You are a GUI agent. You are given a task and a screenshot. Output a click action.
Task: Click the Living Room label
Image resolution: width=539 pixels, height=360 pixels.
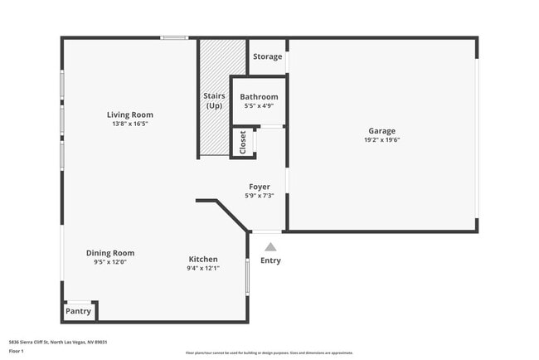[x=130, y=114]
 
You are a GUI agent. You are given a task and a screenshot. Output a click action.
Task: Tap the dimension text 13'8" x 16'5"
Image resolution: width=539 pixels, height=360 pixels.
[x=130, y=124]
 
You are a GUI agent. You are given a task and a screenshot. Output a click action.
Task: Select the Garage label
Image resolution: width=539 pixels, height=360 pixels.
[x=382, y=130]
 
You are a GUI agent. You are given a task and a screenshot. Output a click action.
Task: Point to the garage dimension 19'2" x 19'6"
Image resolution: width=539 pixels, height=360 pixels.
[x=382, y=139]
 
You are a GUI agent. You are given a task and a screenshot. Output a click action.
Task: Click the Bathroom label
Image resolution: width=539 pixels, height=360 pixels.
[x=258, y=97]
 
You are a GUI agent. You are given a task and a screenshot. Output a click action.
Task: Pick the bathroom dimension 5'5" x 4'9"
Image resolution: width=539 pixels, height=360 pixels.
[x=258, y=106]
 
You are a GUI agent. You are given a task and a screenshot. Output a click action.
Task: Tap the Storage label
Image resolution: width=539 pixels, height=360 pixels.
[x=267, y=56]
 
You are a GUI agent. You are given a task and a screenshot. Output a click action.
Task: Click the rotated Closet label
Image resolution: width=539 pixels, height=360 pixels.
[x=242, y=142]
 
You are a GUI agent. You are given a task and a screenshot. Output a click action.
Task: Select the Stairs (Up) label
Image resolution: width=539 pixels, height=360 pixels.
[x=214, y=100]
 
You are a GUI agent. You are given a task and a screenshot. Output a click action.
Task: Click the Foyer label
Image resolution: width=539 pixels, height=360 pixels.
[x=260, y=187]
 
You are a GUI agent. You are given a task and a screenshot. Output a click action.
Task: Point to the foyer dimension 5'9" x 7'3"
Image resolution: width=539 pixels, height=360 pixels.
[x=260, y=197]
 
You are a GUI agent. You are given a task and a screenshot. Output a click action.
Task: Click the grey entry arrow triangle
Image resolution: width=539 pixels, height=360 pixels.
[x=270, y=246]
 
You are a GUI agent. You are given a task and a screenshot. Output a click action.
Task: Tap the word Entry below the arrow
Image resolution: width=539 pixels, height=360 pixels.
[x=270, y=260]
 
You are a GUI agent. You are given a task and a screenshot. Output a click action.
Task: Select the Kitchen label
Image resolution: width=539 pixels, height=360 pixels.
[x=202, y=259]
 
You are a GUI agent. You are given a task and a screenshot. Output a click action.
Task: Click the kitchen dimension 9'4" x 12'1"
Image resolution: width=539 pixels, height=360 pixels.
[x=202, y=268]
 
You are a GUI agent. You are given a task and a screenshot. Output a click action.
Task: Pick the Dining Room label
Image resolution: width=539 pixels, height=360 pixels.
[x=110, y=253]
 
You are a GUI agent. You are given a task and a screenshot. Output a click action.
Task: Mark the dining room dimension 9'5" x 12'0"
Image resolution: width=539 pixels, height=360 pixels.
[x=110, y=262]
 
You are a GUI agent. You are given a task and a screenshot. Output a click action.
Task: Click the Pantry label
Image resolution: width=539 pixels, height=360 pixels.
[x=79, y=312]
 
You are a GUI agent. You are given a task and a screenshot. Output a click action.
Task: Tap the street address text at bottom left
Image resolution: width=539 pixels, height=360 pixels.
[x=58, y=342]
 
